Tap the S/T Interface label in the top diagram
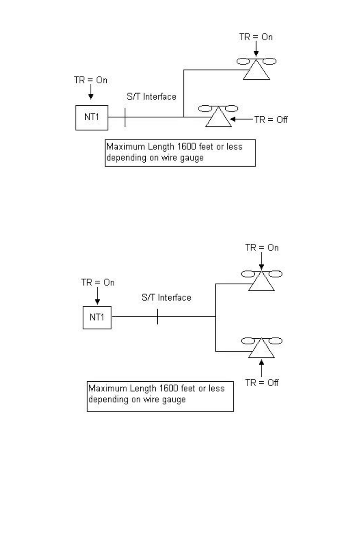(x=151, y=97)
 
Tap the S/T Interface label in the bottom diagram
(x=166, y=297)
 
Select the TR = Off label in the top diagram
(x=271, y=120)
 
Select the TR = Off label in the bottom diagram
(x=262, y=382)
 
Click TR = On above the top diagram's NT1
(x=91, y=80)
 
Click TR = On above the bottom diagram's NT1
(x=98, y=282)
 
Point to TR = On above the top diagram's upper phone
(x=256, y=37)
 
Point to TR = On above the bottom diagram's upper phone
(x=262, y=247)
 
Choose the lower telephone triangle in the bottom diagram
(x=262, y=357)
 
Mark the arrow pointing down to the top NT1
(x=91, y=92)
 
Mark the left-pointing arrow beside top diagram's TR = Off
(x=242, y=120)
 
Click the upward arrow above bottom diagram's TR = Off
(x=262, y=369)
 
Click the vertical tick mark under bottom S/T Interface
(x=158, y=316)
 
